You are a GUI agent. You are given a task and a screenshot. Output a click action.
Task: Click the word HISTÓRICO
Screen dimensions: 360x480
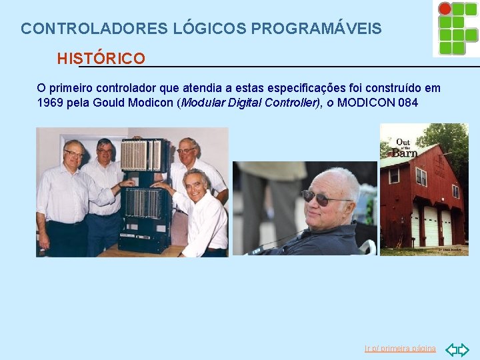pos(101,59)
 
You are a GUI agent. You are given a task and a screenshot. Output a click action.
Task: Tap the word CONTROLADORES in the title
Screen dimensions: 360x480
pos(95,29)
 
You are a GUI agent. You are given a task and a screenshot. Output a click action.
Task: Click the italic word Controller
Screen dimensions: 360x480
pos(292,103)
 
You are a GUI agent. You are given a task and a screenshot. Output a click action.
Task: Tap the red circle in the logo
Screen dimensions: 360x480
pos(444,8)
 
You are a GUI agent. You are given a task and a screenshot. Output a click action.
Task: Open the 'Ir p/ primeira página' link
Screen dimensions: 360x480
pos(400,349)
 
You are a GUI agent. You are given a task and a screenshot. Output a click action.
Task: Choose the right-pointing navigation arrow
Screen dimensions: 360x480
pos(464,349)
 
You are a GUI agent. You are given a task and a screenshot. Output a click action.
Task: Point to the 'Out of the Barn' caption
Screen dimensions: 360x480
pos(404,147)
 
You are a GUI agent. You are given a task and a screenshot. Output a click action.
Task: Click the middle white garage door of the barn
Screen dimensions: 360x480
pos(430,225)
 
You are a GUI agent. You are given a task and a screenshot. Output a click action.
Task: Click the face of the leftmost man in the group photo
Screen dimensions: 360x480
pos(73,156)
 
